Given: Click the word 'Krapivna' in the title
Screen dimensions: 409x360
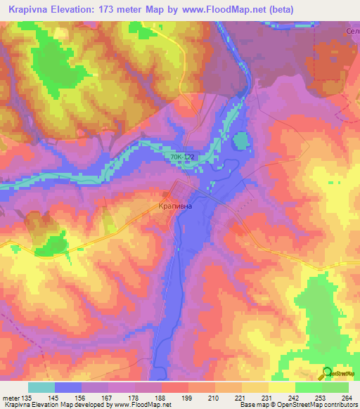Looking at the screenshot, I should coord(34,9).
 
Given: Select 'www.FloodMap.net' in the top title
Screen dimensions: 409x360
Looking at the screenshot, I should coord(221,9).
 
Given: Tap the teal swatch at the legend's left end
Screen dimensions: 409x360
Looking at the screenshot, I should coord(41,387).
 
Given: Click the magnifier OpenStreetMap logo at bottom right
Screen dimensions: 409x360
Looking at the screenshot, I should coord(328,372).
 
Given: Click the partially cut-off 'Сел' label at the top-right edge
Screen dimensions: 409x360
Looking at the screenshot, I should coord(353,31).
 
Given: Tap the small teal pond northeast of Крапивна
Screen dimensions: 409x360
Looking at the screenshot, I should coord(240,141).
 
